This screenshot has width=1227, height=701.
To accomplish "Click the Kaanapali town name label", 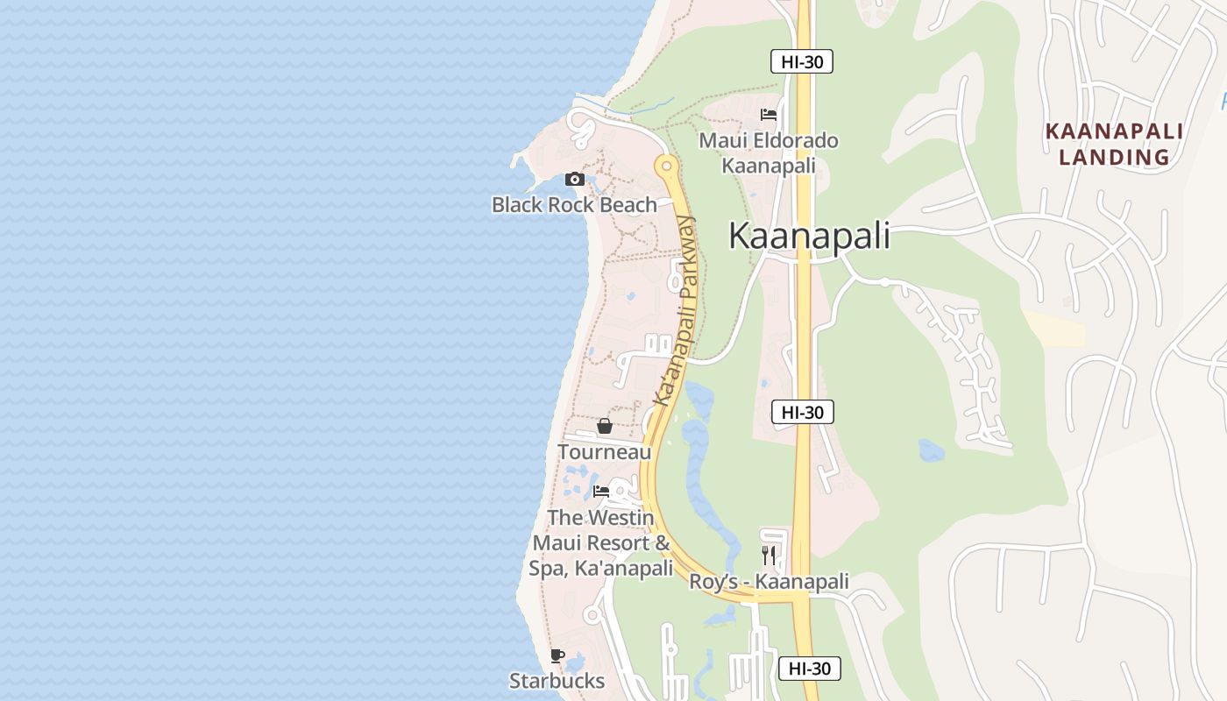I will (809, 237).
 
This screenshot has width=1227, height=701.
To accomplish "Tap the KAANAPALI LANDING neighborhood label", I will (1114, 145).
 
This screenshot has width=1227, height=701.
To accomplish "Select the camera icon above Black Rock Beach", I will (575, 180).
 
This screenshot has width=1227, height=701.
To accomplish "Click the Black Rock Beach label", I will (574, 205).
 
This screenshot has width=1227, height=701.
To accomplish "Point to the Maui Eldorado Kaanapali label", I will (769, 152).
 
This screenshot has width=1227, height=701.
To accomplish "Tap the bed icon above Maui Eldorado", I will (769, 115).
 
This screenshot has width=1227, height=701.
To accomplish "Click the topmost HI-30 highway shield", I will (801, 61).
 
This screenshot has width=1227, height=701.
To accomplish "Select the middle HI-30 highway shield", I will (802, 412).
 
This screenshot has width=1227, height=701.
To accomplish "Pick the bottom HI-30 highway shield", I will (809, 669).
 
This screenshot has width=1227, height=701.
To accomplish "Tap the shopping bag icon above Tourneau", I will (605, 426).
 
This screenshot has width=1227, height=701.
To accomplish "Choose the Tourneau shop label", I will (605, 452).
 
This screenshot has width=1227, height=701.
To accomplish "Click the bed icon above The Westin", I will (601, 492).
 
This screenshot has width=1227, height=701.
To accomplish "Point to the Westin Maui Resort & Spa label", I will (601, 543).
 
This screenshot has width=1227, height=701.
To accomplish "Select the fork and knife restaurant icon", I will (769, 555).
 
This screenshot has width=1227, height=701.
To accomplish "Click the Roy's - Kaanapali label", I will (769, 582).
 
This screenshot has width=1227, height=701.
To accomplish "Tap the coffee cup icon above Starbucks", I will (557, 655).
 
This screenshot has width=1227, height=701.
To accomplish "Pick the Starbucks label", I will (557, 681).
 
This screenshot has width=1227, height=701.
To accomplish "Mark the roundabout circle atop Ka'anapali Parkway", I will (667, 165).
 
